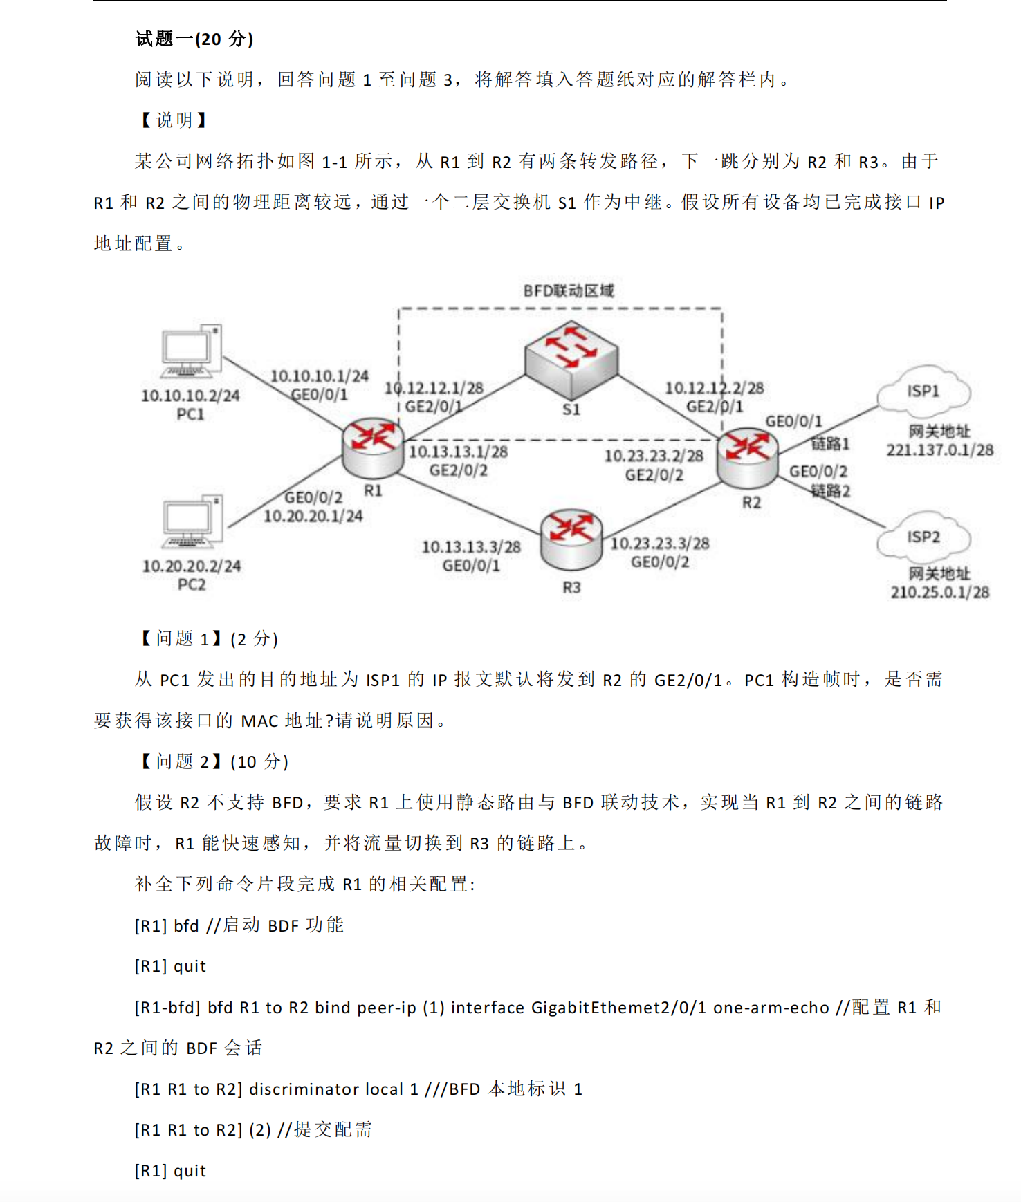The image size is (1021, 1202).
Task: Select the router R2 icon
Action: pos(747,456)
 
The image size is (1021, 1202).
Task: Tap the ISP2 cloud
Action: pos(923,537)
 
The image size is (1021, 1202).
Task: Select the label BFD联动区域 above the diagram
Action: pos(568,290)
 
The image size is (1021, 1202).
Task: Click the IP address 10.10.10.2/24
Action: pos(190,396)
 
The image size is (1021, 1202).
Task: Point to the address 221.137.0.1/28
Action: pos(939,450)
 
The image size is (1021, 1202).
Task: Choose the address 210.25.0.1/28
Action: pos(939,592)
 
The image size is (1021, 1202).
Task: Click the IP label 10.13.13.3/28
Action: pos(471,547)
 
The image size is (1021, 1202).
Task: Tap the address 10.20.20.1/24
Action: pos(313,516)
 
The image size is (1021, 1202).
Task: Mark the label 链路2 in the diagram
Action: pos(830,491)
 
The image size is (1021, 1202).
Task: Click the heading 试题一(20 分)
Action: pos(194,39)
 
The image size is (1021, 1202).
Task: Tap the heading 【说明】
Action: pos(174,120)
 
